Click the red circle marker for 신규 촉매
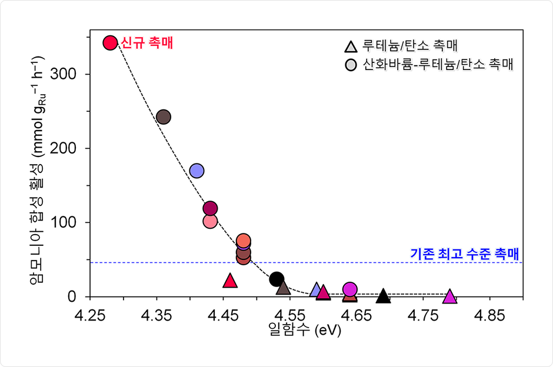pyautogui.click(x=109, y=42)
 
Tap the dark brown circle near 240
pyautogui.click(x=164, y=117)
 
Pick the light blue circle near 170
pyautogui.click(x=197, y=171)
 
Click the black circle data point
pyautogui.click(x=276, y=279)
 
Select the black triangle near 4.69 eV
pyautogui.click(x=384, y=296)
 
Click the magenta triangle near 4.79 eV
pyautogui.click(x=450, y=296)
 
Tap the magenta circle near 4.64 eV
pyautogui.click(x=350, y=289)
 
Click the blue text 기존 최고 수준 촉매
pyautogui.click(x=464, y=254)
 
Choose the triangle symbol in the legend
pyautogui.click(x=351, y=46)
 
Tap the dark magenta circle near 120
pyautogui.click(x=211, y=208)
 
